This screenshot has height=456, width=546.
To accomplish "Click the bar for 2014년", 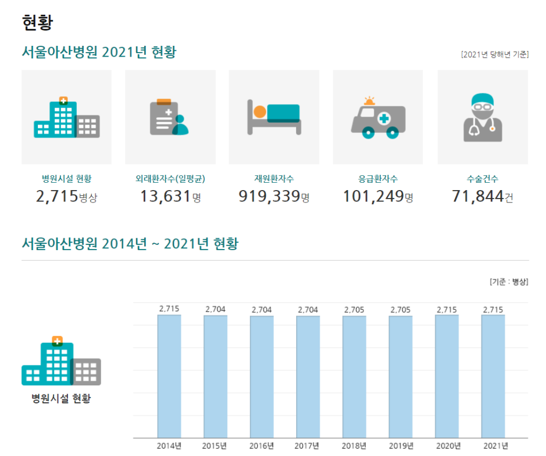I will click(x=169, y=376).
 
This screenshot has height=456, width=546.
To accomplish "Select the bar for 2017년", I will click(x=308, y=376).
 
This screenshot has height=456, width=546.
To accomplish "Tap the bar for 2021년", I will click(x=493, y=376).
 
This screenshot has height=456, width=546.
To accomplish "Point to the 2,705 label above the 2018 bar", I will click(x=354, y=309).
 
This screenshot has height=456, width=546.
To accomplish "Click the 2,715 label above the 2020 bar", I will click(x=447, y=309).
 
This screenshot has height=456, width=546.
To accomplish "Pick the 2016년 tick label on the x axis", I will click(x=262, y=445).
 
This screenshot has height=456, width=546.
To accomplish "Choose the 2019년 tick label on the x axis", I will click(x=401, y=445).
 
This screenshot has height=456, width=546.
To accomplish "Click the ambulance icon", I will click(x=378, y=118).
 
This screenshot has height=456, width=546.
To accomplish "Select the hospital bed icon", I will click(x=274, y=118).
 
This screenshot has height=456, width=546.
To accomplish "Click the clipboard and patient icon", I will click(x=170, y=118).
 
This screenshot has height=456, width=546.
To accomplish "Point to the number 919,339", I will click(x=269, y=196).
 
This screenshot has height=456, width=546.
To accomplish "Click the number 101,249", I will click(x=373, y=196).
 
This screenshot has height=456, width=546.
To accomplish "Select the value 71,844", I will click(x=478, y=196).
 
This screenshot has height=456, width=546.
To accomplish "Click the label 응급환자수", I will click(x=378, y=179).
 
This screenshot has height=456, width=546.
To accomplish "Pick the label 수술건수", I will click(x=482, y=179).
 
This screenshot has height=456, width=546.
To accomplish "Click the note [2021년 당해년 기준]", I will click(x=495, y=54).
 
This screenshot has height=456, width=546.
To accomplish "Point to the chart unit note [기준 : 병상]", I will click(x=509, y=282).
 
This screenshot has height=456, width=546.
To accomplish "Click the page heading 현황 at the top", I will click(x=37, y=23).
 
